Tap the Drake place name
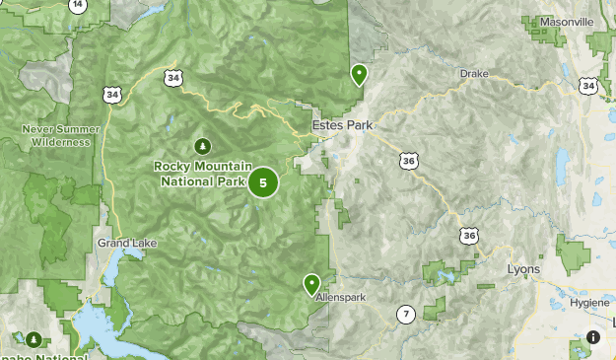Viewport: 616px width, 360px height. (474, 73)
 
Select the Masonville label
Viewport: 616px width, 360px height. (567, 21)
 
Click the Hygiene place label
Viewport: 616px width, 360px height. (589, 302)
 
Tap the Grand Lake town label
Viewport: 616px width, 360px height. (121, 243)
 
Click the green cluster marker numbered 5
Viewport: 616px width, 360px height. (263, 182)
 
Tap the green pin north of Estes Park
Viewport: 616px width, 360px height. (359, 74)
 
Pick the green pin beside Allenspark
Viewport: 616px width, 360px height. (311, 284)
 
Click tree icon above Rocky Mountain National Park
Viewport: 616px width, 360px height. (203, 146)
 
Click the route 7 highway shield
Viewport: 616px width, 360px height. (405, 315)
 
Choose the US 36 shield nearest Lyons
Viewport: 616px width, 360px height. (470, 235)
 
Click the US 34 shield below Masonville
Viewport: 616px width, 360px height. (588, 86)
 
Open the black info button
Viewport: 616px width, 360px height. (593, 337)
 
